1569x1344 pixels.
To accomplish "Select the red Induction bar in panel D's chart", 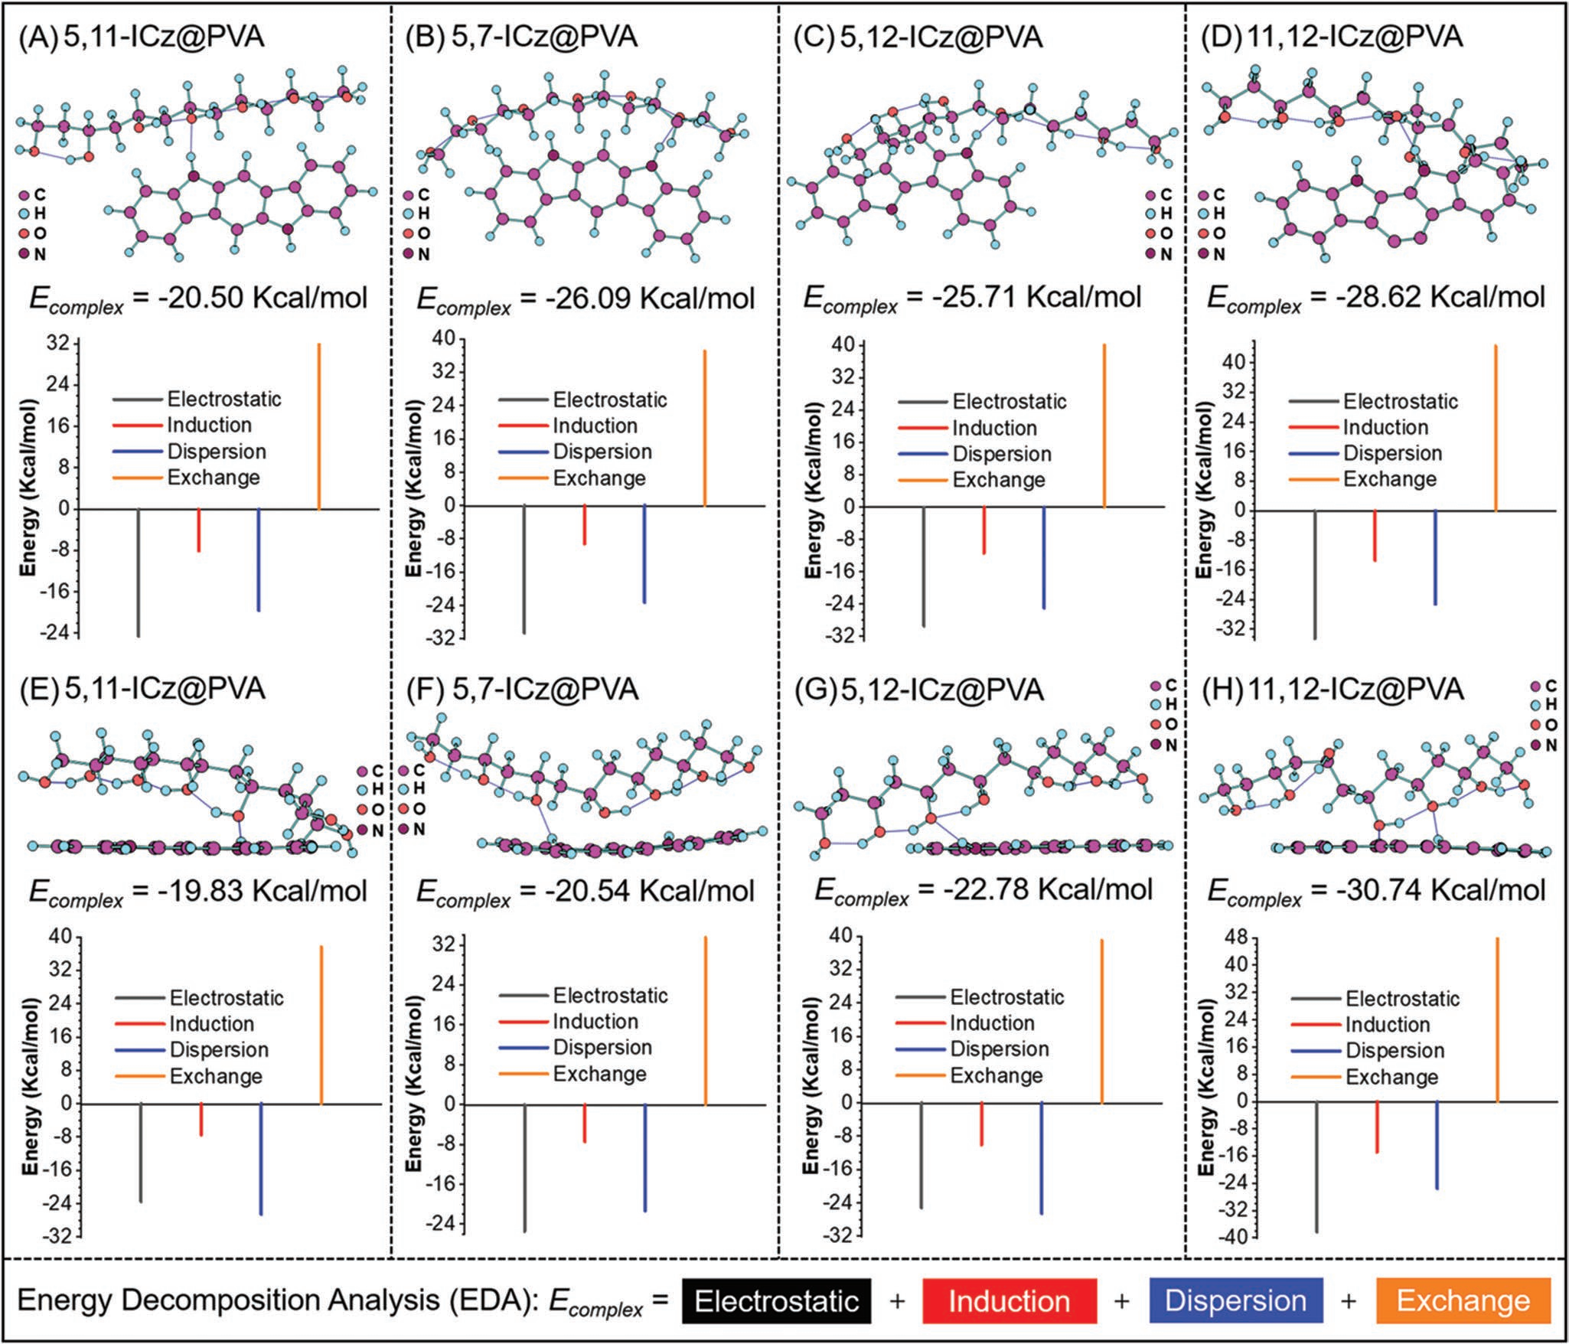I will (x=1375, y=536).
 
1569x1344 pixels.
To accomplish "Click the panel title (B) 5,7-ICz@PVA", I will (x=520, y=37).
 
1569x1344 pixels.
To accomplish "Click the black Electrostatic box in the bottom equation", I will (x=776, y=1300).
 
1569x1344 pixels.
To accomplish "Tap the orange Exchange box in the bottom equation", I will (x=1463, y=1300).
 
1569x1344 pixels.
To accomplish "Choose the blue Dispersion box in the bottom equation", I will (x=1235, y=1300).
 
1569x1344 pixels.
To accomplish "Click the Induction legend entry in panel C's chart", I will (x=993, y=428).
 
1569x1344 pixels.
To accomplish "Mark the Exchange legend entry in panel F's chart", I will (x=599, y=1074).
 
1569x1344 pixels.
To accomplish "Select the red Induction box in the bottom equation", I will (x=1009, y=1300).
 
